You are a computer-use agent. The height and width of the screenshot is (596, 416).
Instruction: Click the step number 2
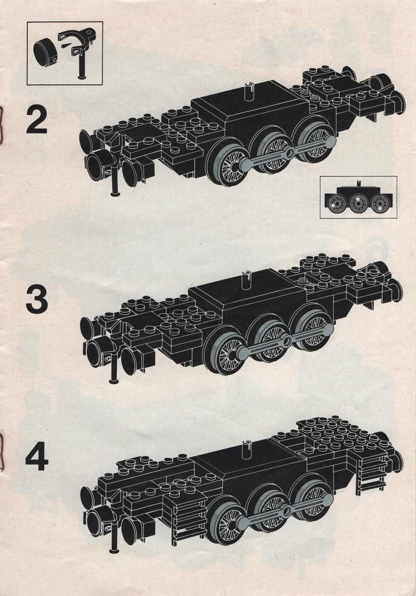37,120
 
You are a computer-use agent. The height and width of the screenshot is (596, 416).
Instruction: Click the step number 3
37,300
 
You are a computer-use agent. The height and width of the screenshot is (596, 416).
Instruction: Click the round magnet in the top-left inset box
45,51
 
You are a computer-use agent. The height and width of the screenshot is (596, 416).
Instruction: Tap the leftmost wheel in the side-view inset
336,203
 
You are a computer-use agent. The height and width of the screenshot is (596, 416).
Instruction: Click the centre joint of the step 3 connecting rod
288,339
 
